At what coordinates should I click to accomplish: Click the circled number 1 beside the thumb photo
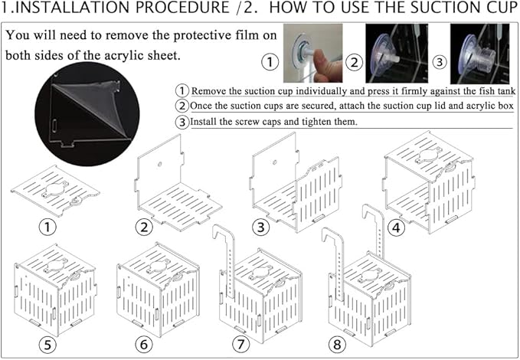270,62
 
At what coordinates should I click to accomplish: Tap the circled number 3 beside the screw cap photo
440,62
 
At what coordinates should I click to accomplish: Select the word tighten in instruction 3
318,122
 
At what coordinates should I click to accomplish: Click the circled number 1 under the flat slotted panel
47,227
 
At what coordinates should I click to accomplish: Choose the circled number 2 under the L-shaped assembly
144,227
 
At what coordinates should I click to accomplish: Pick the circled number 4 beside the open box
396,228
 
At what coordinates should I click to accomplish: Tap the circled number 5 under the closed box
47,345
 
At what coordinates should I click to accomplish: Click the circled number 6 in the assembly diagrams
144,344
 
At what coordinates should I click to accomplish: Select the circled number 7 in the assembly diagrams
240,344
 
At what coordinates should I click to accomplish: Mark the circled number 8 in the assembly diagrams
337,344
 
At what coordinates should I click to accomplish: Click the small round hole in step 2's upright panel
159,164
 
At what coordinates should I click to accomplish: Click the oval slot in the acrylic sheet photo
54,126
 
